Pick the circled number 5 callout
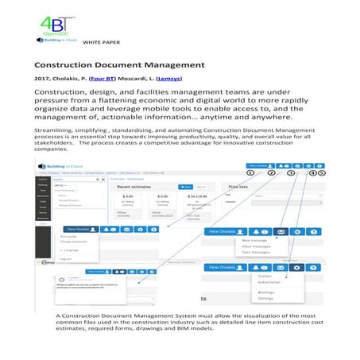pyautogui.click(x=322, y=172)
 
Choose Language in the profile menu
pyautogui.click(x=69, y=250)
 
